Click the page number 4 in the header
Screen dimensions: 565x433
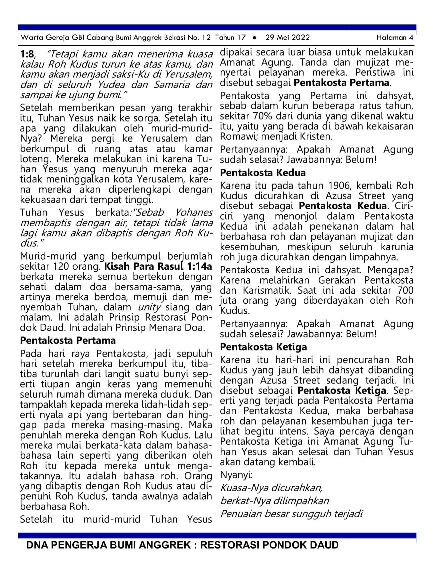coord(411,37)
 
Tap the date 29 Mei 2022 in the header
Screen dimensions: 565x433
coord(287,37)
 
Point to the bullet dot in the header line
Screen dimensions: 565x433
coord(255,38)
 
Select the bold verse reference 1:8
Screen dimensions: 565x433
coord(27,54)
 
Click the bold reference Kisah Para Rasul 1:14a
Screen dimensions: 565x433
coord(158,266)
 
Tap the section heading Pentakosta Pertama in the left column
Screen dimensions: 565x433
coord(68,340)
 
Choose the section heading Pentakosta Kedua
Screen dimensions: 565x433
coord(263,173)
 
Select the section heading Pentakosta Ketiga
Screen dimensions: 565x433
coord(263,347)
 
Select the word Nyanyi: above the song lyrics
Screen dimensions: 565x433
coord(236,475)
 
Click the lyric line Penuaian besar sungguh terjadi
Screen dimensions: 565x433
coord(291,514)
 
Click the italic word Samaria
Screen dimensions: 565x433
coord(172,85)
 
